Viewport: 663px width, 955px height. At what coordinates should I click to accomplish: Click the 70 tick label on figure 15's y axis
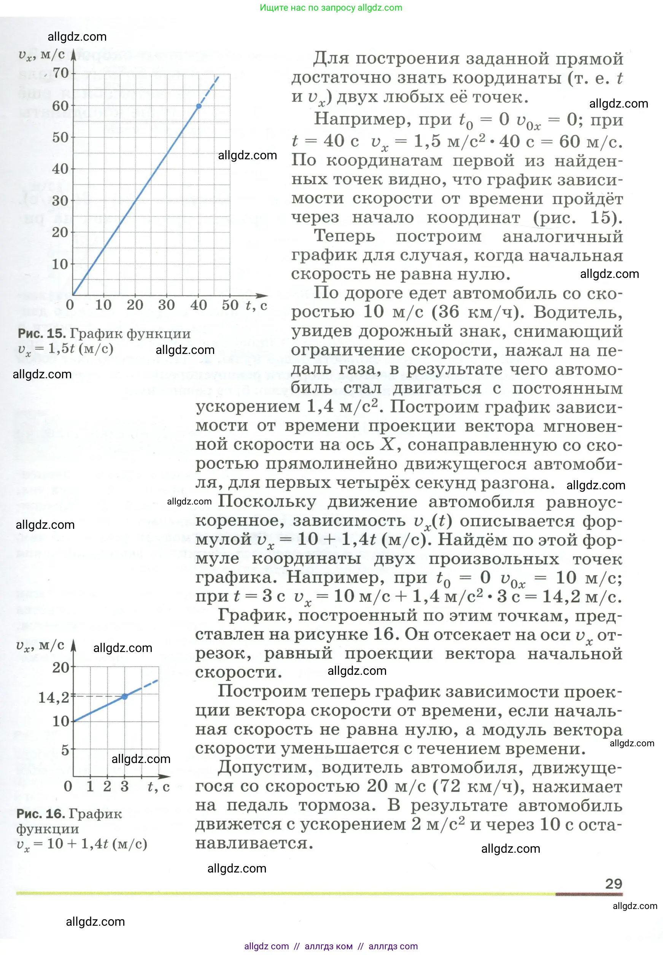[x=60, y=73]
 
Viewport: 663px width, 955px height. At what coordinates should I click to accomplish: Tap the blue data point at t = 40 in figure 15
[x=199, y=106]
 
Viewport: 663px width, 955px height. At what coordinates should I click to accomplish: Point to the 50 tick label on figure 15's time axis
[x=230, y=305]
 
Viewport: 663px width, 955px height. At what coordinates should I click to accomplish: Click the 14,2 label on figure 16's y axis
[x=54, y=698]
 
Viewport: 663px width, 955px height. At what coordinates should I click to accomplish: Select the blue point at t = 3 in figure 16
[x=125, y=696]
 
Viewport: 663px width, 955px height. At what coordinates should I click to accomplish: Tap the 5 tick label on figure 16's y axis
[x=65, y=750]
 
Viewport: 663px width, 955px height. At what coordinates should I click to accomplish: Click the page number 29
[x=613, y=884]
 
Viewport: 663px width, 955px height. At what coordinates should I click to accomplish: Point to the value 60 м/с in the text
[x=590, y=142]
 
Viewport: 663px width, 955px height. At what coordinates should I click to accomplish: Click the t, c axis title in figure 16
[x=158, y=787]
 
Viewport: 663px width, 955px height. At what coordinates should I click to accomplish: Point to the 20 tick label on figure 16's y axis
[x=60, y=667]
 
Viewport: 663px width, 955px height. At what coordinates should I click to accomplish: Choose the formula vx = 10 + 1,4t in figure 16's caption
[x=82, y=844]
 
